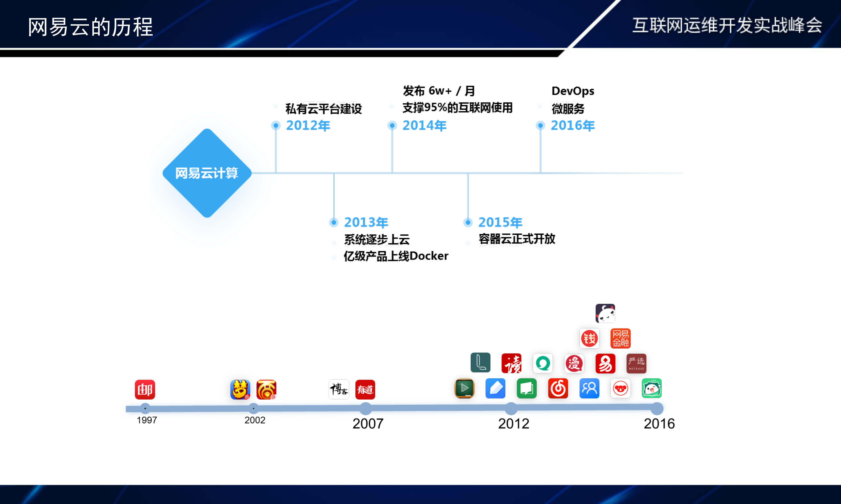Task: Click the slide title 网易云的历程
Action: [x=90, y=27]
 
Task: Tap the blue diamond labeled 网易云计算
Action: [x=207, y=173]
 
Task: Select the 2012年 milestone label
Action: [x=308, y=126]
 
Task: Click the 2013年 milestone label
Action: [x=366, y=222]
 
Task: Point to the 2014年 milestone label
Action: [x=424, y=126]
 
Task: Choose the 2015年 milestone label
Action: [x=500, y=222]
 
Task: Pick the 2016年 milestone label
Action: [x=573, y=126]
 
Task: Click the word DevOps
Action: [x=573, y=91]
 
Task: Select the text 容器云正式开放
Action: [x=517, y=239]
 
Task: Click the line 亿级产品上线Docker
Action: [x=396, y=256]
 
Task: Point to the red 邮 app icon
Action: [x=145, y=390]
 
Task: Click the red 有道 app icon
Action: [x=365, y=390]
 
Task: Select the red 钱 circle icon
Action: [x=589, y=338]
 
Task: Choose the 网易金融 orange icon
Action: [x=620, y=338]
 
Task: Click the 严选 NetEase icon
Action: [x=636, y=363]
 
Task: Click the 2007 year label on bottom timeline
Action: [x=368, y=424]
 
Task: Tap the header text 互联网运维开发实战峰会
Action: [x=727, y=25]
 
